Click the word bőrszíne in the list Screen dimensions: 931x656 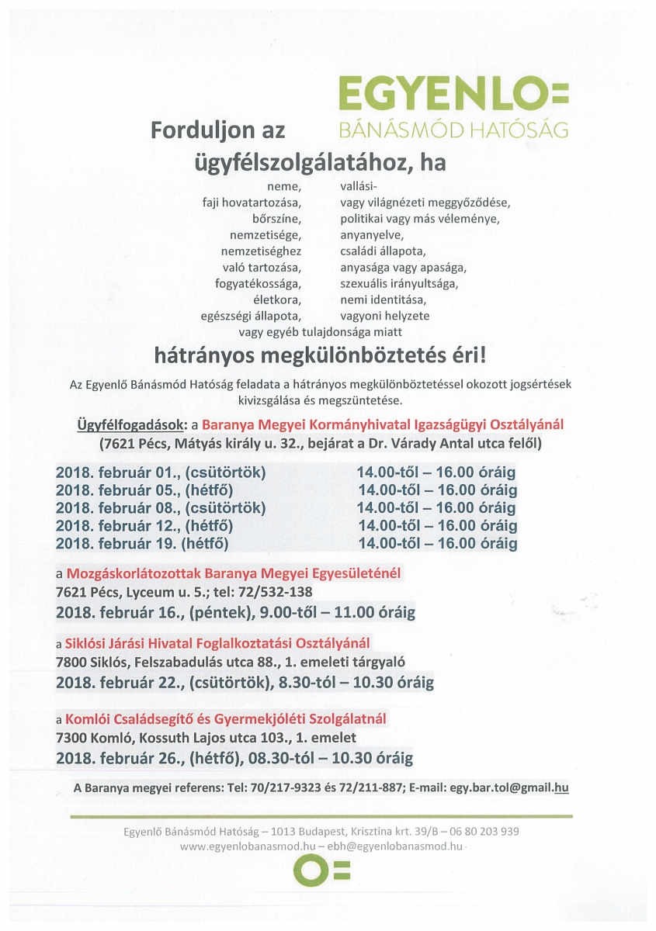coord(276,218)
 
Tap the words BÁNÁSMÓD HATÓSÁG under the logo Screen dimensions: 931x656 coord(453,129)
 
